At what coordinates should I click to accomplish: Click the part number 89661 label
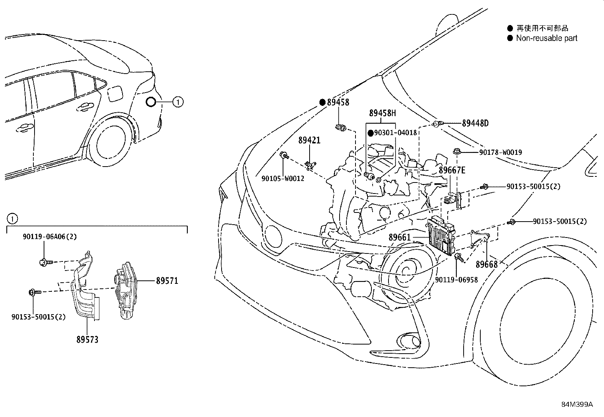click(400, 238)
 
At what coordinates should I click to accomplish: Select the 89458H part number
click(382, 113)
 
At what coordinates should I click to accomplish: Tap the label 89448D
click(475, 123)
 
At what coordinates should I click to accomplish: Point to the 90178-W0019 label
click(500, 153)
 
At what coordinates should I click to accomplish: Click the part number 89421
click(309, 140)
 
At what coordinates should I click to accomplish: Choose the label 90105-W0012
click(283, 178)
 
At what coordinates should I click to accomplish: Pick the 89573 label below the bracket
click(87, 340)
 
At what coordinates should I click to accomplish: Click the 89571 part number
click(167, 281)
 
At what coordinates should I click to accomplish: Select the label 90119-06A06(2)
click(49, 237)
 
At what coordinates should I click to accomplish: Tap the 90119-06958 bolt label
click(456, 280)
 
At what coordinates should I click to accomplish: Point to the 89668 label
click(486, 264)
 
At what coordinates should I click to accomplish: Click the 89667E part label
click(452, 170)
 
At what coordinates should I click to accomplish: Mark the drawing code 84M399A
click(577, 404)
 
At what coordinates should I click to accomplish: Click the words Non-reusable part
click(547, 38)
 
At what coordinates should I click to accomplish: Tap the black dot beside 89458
click(322, 102)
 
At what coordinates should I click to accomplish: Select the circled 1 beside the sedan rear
click(178, 102)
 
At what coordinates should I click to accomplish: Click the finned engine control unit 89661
click(441, 235)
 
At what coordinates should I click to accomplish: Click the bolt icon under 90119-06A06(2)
click(45, 261)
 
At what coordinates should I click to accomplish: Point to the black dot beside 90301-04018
click(371, 133)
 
